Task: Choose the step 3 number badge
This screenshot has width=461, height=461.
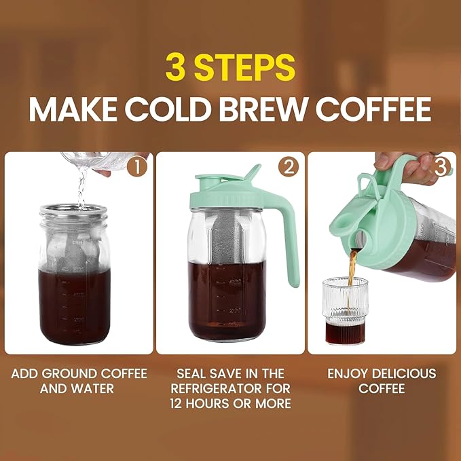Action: point(441,167)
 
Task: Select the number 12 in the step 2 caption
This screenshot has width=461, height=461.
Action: point(179,404)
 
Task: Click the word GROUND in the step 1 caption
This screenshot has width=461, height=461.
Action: point(81,374)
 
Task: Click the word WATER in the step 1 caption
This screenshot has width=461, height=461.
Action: point(92,389)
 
